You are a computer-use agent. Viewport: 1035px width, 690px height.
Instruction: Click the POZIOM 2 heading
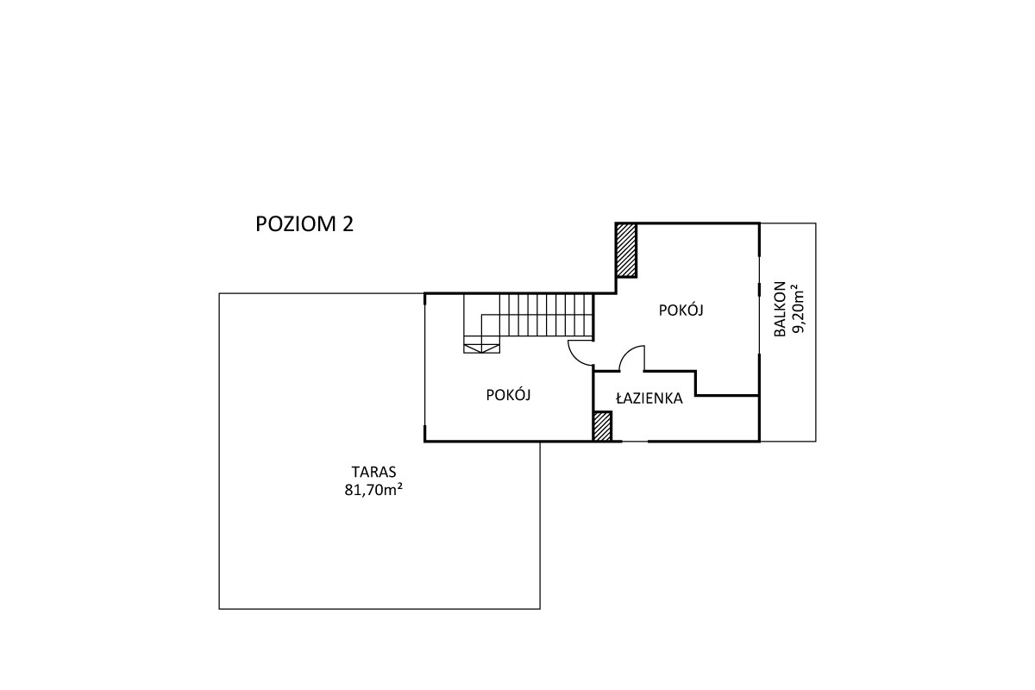(x=304, y=224)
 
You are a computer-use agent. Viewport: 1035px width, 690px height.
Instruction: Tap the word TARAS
(x=373, y=472)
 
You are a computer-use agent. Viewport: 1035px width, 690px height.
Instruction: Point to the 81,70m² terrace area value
(x=373, y=489)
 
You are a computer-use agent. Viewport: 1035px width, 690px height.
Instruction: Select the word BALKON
(x=780, y=309)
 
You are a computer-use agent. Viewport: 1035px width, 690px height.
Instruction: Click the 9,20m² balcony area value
(x=798, y=311)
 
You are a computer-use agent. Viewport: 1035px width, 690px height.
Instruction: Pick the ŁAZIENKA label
(x=649, y=398)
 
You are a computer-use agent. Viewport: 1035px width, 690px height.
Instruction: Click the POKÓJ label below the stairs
(x=508, y=395)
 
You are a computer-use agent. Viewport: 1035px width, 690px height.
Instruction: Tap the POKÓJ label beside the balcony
(x=681, y=310)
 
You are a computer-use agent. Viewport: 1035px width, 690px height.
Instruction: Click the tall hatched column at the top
(x=626, y=250)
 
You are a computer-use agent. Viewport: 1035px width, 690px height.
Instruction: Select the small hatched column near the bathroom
(x=603, y=426)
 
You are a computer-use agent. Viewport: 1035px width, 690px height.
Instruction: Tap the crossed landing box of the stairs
(x=481, y=348)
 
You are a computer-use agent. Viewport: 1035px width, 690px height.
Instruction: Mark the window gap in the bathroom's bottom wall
(x=635, y=442)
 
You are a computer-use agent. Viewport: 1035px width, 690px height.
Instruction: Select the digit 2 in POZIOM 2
(x=348, y=224)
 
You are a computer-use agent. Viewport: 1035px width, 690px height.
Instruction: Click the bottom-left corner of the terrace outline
(x=219, y=609)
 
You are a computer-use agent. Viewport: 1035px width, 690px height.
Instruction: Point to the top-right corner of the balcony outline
(x=816, y=223)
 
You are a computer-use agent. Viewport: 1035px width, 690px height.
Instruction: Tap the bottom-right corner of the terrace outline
(x=540, y=609)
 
